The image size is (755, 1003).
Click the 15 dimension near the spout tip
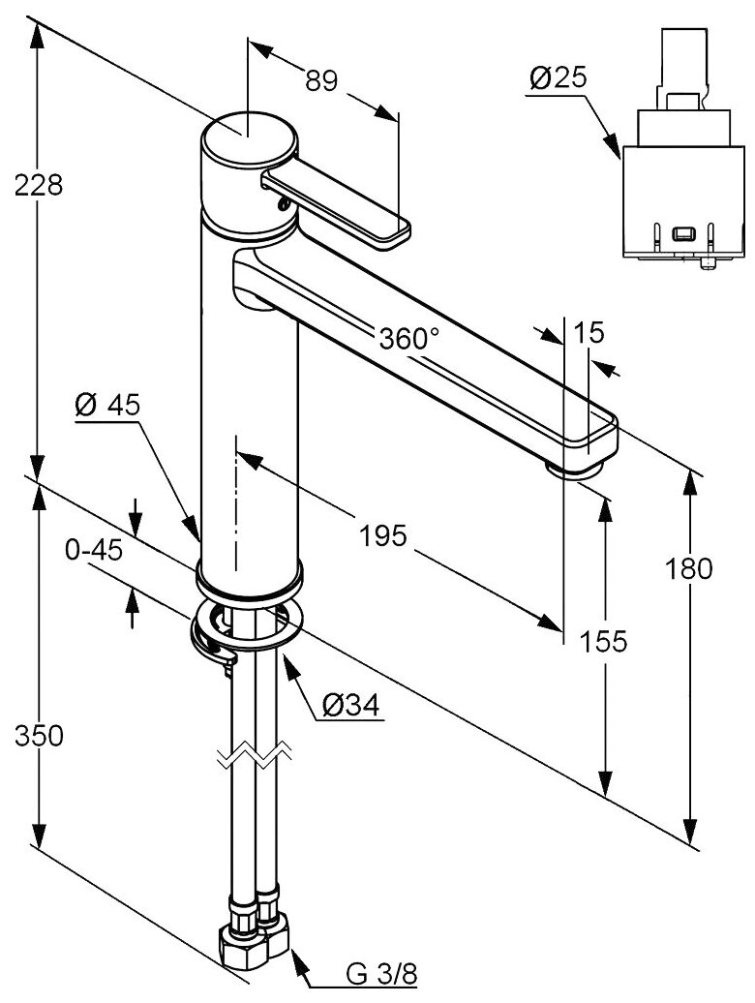click(x=588, y=333)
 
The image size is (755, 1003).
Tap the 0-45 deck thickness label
click(x=93, y=550)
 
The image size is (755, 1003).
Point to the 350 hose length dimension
click(x=40, y=736)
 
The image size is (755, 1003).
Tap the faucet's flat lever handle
click(x=339, y=203)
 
